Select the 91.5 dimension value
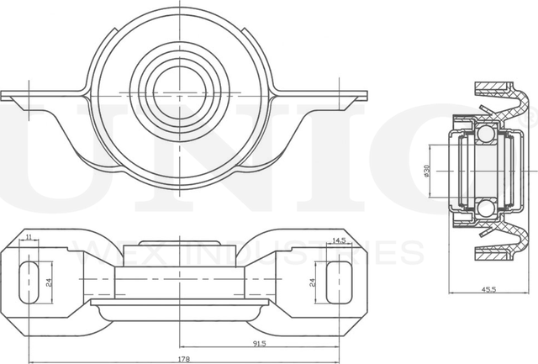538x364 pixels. click(259, 342)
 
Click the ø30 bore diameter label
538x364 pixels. click(428, 171)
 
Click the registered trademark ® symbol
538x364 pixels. click(531, 120)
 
